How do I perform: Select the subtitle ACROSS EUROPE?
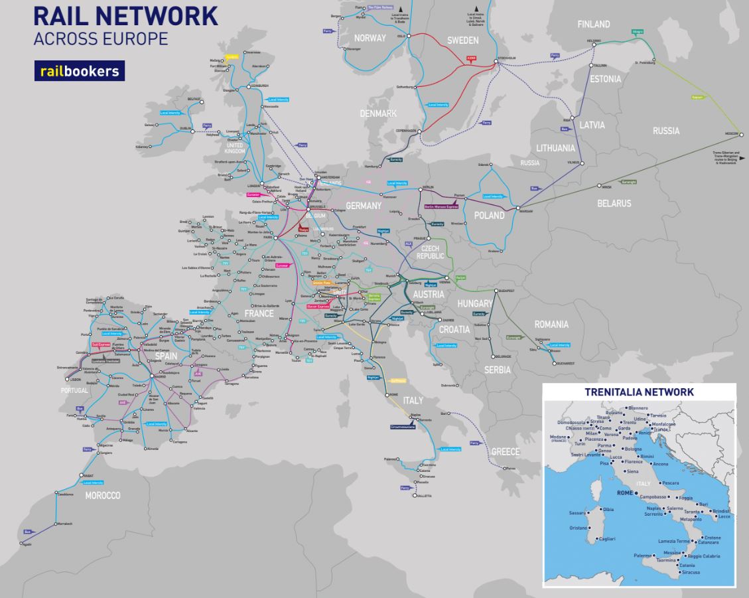tap(100, 38)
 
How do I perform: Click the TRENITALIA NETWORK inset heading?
tap(639, 392)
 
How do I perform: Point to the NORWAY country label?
tap(370, 38)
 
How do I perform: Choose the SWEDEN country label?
tap(462, 40)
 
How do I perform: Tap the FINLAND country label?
tap(593, 25)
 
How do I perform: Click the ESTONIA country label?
tap(606, 79)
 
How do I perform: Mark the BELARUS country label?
tap(614, 203)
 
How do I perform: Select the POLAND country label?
tap(489, 216)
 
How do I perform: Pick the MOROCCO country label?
tap(102, 496)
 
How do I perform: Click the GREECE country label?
tap(506, 452)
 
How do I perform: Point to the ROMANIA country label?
tap(552, 325)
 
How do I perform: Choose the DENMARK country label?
tap(377, 113)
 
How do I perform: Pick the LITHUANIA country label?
tap(556, 147)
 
